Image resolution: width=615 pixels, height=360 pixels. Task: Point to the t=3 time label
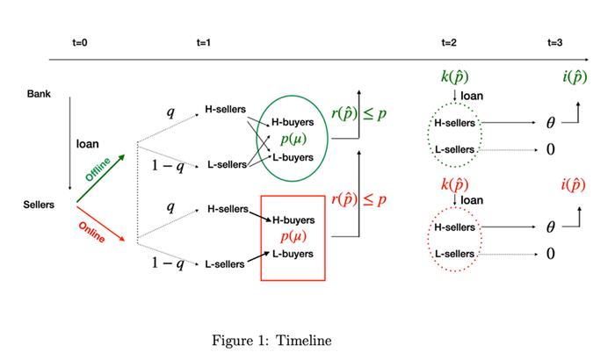pos(554,42)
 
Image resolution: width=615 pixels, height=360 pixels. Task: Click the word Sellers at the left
pos(40,205)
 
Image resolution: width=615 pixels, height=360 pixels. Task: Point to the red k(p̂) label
pos(455,184)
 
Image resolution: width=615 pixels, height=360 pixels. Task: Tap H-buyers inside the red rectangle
pos(293,220)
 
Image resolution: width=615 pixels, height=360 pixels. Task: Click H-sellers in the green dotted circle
pos(455,122)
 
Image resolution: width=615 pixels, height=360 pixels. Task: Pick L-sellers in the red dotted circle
pos(455,253)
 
